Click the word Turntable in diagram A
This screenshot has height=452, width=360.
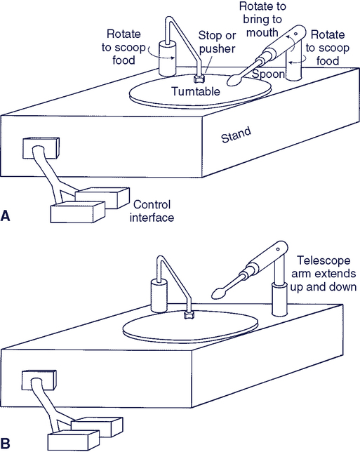click(195, 91)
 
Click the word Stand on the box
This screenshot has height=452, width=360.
click(236, 135)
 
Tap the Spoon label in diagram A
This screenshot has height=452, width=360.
click(269, 74)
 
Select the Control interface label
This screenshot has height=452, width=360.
click(152, 211)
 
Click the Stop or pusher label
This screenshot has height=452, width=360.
click(217, 42)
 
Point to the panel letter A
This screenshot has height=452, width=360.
click(5, 215)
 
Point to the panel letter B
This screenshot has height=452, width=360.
click(5, 444)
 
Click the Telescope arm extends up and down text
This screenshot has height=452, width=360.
click(324, 274)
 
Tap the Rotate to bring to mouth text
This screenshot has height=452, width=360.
click(262, 20)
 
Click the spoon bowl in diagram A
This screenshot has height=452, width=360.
click(234, 81)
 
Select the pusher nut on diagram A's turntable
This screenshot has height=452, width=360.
click(199, 78)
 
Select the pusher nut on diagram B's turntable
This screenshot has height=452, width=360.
click(189, 314)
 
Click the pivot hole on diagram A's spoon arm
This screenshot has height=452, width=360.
click(295, 34)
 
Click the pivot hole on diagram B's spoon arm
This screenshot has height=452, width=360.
click(278, 249)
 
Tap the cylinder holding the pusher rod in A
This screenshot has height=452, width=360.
click(167, 58)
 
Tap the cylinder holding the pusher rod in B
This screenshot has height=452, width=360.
click(159, 295)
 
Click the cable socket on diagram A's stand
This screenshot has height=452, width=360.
click(41, 148)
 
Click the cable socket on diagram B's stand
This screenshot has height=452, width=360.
click(39, 380)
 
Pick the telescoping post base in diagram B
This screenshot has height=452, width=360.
click(280, 299)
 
